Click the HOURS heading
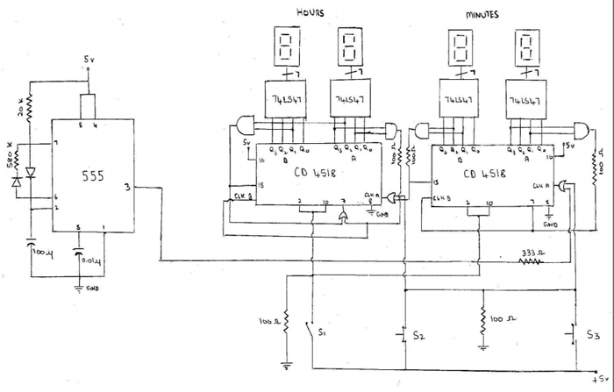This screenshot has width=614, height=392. (311, 12)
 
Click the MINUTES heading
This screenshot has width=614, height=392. (482, 15)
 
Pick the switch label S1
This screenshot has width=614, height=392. (322, 333)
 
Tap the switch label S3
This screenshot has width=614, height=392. (594, 335)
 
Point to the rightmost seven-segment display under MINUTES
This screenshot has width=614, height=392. (527, 46)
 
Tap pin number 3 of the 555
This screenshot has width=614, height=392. (129, 186)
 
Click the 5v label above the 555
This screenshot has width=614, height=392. (89, 60)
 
